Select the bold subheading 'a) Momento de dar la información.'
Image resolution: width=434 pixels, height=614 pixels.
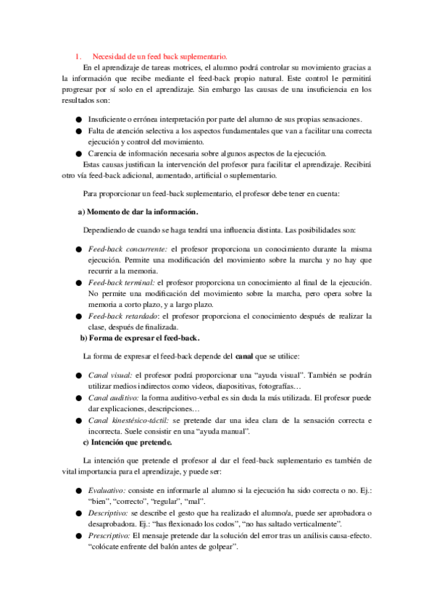[x=138, y=211]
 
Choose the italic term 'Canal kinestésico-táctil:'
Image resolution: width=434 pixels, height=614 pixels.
[x=135, y=420]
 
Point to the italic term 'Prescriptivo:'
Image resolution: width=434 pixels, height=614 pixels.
[x=112, y=535]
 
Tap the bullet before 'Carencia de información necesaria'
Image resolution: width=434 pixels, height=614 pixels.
[x=78, y=153]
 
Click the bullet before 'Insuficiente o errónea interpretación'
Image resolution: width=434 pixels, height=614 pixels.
[x=78, y=119]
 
